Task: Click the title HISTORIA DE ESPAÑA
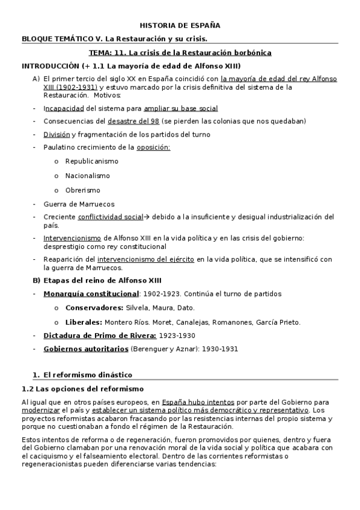180,25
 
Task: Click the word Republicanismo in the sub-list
92,161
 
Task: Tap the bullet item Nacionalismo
88,176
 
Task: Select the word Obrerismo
84,190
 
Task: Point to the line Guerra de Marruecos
79,204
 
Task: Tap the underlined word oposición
153,147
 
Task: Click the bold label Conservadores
94,308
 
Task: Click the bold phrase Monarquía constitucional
91,293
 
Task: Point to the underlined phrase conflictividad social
111,217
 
